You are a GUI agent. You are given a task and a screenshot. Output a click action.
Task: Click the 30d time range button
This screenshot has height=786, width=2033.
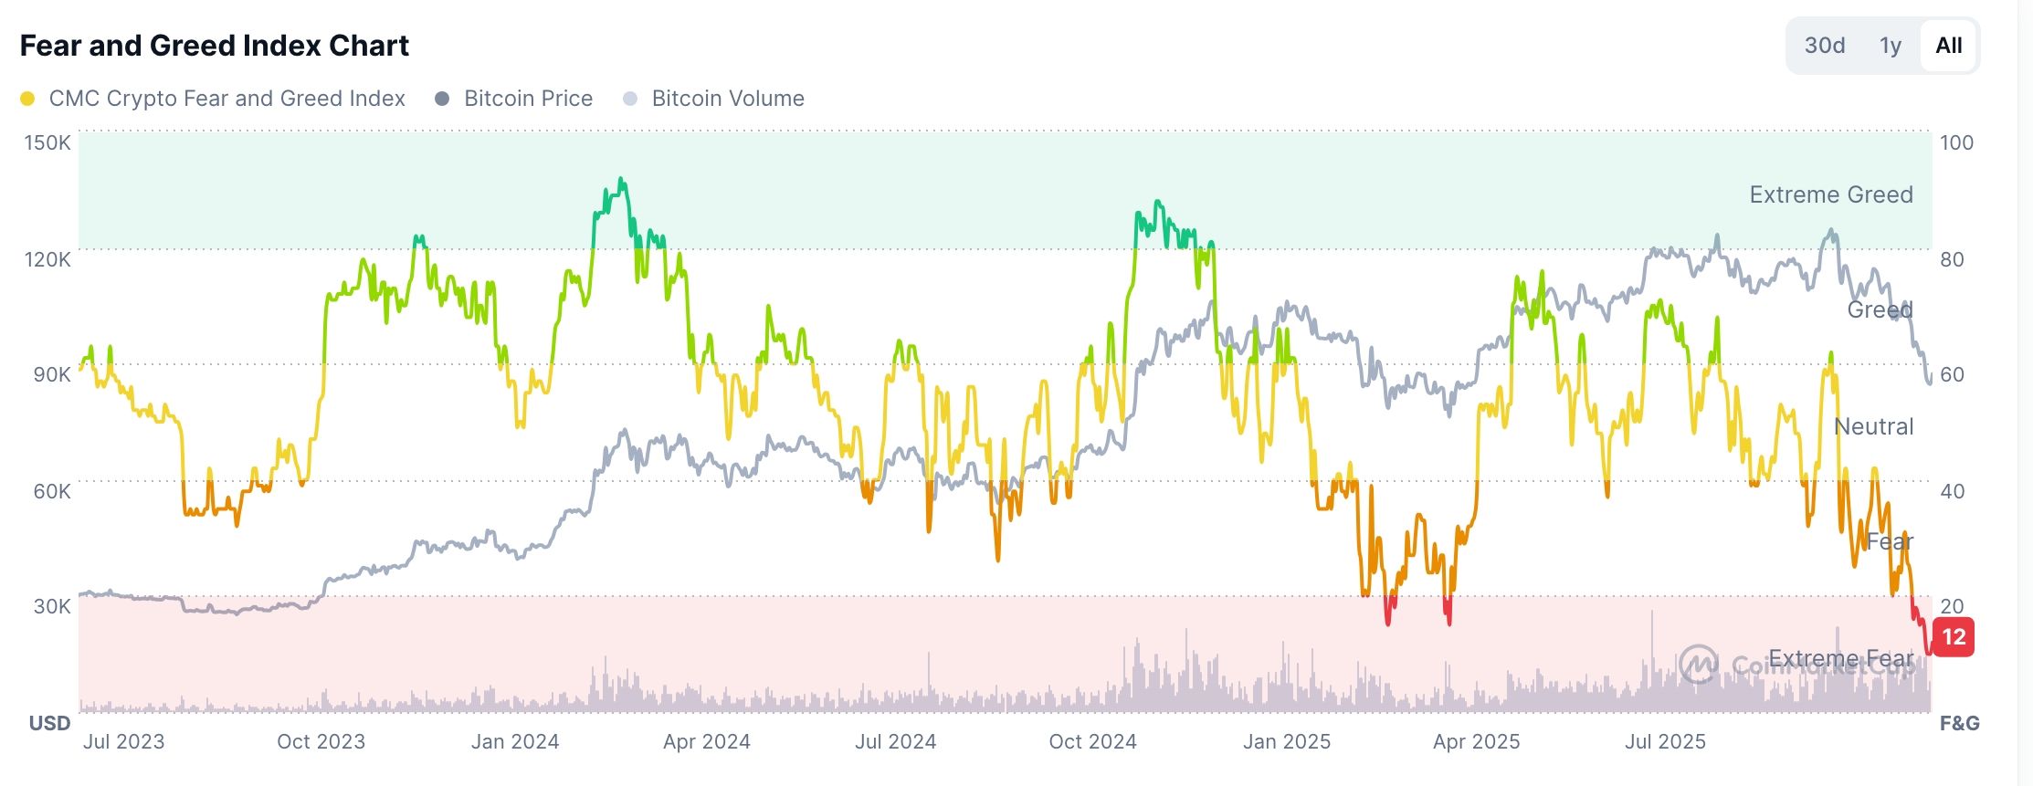1824,46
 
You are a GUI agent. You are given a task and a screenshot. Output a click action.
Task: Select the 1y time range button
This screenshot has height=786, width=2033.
1890,46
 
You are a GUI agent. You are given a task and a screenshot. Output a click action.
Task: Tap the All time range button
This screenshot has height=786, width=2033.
1948,46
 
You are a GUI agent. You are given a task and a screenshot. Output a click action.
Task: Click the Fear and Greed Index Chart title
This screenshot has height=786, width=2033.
215,46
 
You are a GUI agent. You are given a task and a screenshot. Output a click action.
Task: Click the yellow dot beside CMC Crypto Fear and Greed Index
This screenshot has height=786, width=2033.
27,99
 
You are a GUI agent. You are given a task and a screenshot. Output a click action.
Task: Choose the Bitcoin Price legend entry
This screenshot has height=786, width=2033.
527,99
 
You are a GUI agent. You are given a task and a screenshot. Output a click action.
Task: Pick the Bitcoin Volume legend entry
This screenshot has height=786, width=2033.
727,99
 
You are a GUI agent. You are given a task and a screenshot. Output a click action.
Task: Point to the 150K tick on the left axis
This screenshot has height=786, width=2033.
47,142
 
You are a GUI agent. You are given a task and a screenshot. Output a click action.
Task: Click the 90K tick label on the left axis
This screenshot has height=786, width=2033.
51,374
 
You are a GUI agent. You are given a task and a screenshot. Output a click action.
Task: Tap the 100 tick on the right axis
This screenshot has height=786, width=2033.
1956,142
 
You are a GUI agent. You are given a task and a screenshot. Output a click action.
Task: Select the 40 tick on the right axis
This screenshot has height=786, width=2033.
1952,491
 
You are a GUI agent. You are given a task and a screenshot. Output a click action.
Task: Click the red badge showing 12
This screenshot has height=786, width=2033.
1954,637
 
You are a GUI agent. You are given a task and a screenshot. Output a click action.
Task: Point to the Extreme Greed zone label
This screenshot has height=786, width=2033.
1830,194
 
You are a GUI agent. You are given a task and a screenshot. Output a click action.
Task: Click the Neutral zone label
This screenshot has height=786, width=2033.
1873,426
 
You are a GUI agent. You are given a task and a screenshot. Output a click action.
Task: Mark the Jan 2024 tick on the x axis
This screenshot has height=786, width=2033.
515,741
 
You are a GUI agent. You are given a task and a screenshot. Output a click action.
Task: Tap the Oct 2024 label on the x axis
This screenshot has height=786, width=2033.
1092,741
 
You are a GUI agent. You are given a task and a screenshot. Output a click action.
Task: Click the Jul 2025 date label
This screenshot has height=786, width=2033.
1664,741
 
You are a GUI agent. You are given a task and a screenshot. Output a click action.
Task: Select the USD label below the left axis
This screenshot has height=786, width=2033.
49,724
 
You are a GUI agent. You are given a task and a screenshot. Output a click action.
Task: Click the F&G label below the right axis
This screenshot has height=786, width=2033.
1959,724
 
